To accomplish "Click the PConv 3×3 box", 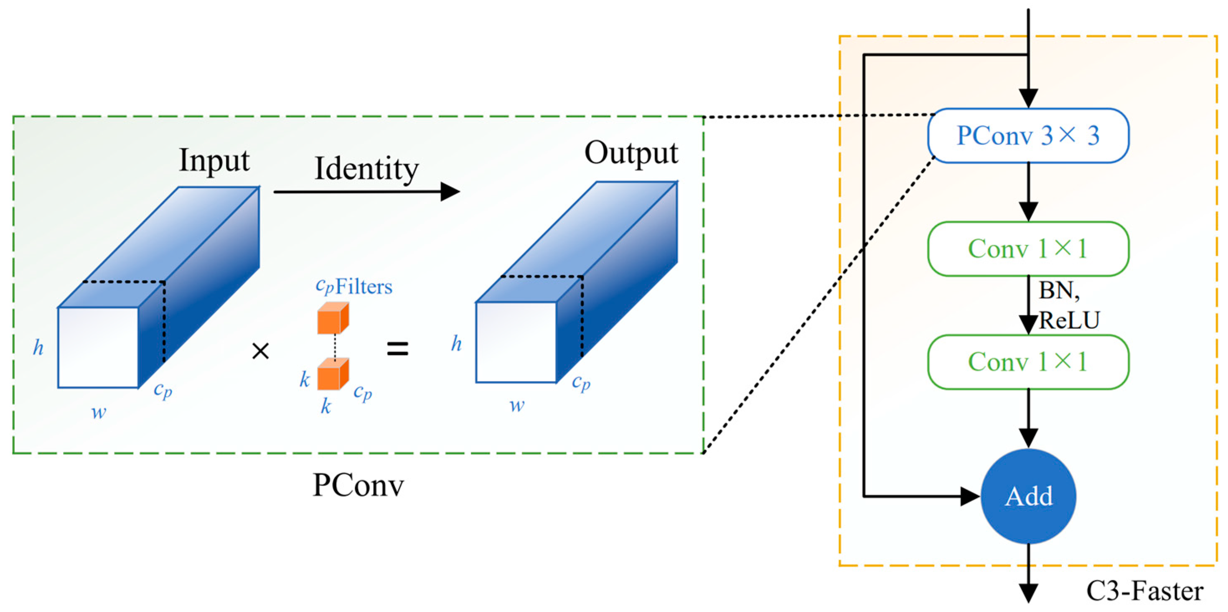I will coord(1028,136).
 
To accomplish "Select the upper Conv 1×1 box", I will coord(1028,249).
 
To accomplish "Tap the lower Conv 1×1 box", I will coord(1028,362).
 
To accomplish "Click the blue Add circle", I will coord(1028,496).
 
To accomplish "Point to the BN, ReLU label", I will coord(1068,305).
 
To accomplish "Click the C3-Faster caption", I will coord(1144,591).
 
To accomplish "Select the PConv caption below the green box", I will coord(358,485).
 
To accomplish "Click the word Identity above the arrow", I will coord(366,169).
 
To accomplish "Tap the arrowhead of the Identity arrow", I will coord(450,192).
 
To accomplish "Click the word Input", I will coord(214,161).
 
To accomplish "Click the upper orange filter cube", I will coord(332,318).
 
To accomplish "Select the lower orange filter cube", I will coord(332,375).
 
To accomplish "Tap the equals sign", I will coord(397,349).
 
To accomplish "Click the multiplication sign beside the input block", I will coord(260,352).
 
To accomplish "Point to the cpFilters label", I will coord(354,287).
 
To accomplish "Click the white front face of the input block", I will coord(98,348).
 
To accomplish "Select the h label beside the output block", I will coord(456,343).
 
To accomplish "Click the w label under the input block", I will coord(99,412).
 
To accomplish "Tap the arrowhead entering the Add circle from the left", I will coord(970,496).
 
